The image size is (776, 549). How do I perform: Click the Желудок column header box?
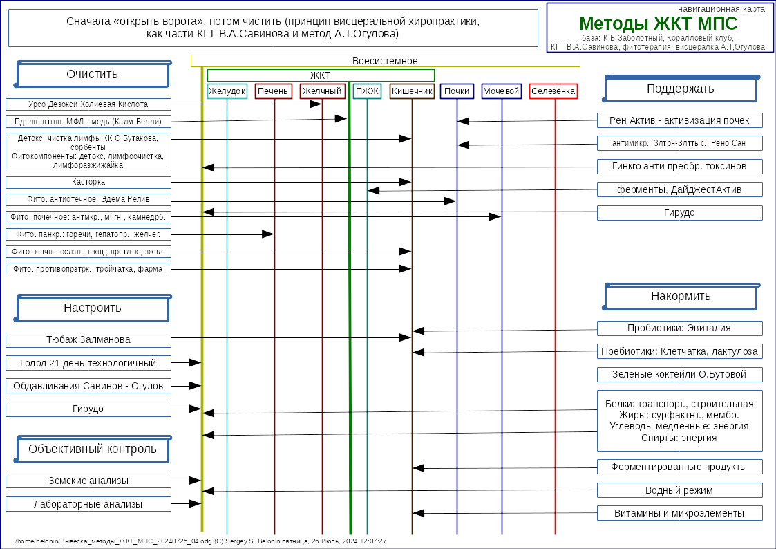click(x=227, y=91)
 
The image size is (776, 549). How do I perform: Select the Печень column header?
click(x=274, y=91)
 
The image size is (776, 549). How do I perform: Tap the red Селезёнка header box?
click(x=553, y=91)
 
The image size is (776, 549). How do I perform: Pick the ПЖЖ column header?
click(x=367, y=91)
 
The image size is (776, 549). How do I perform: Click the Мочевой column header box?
click(x=501, y=91)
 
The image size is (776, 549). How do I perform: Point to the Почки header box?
click(x=457, y=91)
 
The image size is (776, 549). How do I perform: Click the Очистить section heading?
click(x=93, y=75)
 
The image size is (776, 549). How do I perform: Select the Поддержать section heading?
click(x=681, y=89)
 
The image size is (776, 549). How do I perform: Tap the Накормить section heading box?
click(x=681, y=297)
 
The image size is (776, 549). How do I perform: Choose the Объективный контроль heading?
click(x=93, y=449)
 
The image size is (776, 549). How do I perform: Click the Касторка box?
click(x=88, y=183)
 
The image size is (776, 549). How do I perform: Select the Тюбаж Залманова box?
click(x=88, y=340)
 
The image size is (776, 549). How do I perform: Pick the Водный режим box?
click(x=679, y=490)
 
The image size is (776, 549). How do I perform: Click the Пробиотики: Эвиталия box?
click(x=679, y=328)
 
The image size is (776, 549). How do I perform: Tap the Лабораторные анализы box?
click(x=88, y=504)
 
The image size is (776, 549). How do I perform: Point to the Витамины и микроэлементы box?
click(x=679, y=513)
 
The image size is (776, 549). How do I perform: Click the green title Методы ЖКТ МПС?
click(x=658, y=24)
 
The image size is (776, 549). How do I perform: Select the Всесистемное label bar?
click(x=385, y=61)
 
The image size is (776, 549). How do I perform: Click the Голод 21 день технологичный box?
click(x=88, y=363)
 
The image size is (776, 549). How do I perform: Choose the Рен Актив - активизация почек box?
click(x=679, y=120)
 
